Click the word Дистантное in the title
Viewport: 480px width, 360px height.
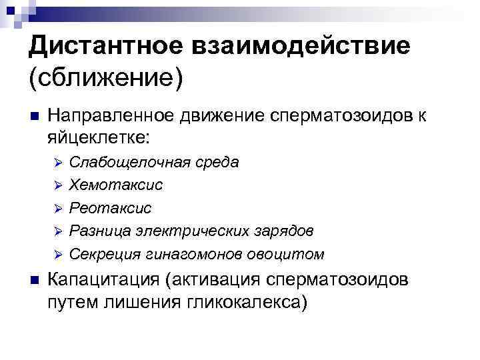(x=107, y=48)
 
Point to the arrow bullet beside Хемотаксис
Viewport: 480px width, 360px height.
(x=58, y=185)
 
